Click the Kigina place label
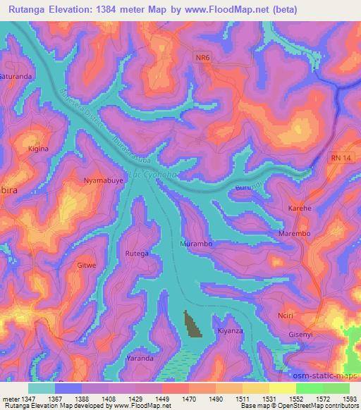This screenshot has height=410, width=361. (x=37, y=149)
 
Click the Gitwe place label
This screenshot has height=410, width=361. (x=86, y=266)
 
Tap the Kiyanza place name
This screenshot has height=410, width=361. (x=230, y=330)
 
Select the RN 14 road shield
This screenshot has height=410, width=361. (x=339, y=161)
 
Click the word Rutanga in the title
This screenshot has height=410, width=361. (x=32, y=10)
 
